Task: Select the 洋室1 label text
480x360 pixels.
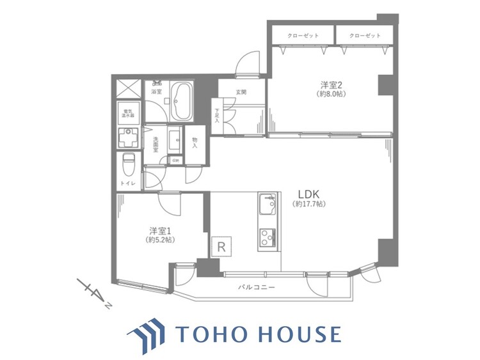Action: coord(159,231)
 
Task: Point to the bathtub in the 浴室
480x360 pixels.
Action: coord(183,100)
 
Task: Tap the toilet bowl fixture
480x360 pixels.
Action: coord(128,165)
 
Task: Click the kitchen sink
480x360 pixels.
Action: coord(266,207)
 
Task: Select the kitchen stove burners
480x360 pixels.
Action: coord(266,237)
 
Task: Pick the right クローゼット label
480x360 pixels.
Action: coord(364,36)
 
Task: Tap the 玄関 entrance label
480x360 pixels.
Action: coord(241,92)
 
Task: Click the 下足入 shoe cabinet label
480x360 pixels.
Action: coord(216,116)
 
